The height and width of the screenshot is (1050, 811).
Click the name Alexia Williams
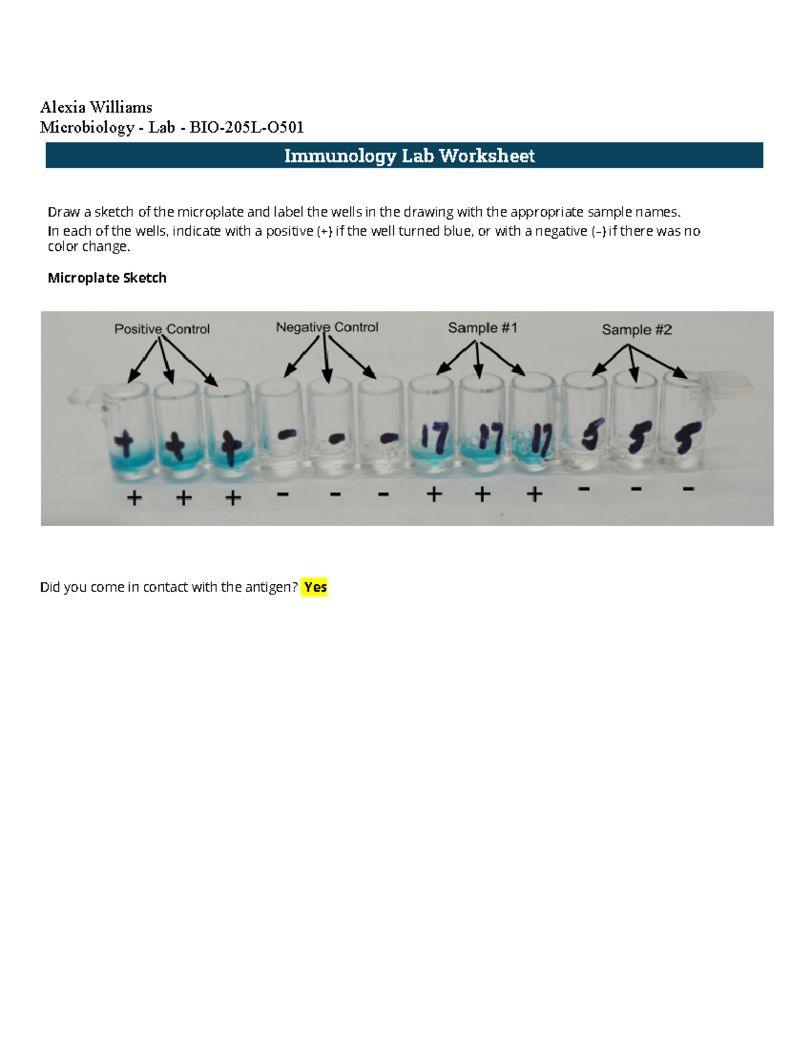coord(96,107)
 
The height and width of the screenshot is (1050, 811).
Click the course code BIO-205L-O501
coord(247,127)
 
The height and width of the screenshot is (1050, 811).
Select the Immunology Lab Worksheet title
coord(409,156)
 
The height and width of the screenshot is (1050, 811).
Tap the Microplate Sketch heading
coord(107,278)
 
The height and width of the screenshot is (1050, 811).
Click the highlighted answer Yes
coord(315,587)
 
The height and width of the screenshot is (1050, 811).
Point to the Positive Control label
coord(162,329)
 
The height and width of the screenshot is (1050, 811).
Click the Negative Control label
coord(327,327)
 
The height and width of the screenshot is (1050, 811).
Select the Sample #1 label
coord(483,328)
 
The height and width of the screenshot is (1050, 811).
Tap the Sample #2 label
coord(637,330)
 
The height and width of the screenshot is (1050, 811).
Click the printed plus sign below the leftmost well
coord(134,498)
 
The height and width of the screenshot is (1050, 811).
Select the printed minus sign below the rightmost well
coord(688,488)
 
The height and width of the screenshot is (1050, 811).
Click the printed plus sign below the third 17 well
coord(535,495)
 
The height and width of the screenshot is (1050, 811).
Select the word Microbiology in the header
coord(87,127)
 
